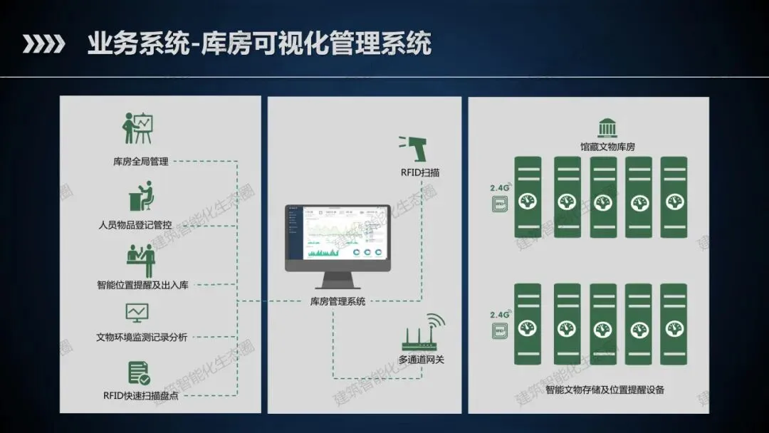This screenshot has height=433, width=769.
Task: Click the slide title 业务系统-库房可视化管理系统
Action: pos(259,44)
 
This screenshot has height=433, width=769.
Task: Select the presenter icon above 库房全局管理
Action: pos(138,128)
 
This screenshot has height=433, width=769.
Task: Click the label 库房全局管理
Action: pos(141,162)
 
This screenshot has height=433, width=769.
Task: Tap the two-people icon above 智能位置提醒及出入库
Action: pos(140,260)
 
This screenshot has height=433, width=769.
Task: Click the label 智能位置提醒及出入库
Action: pos(142,285)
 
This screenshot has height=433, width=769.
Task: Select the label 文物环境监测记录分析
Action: pos(142,337)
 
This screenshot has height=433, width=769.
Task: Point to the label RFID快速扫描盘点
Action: pos(141,395)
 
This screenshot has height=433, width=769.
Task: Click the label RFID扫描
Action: pos(419,172)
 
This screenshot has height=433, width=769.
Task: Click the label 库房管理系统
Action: pos(338,301)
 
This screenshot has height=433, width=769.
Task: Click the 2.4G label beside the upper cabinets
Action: pos(500,188)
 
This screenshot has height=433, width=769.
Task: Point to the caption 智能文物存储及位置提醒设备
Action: pos(605,390)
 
